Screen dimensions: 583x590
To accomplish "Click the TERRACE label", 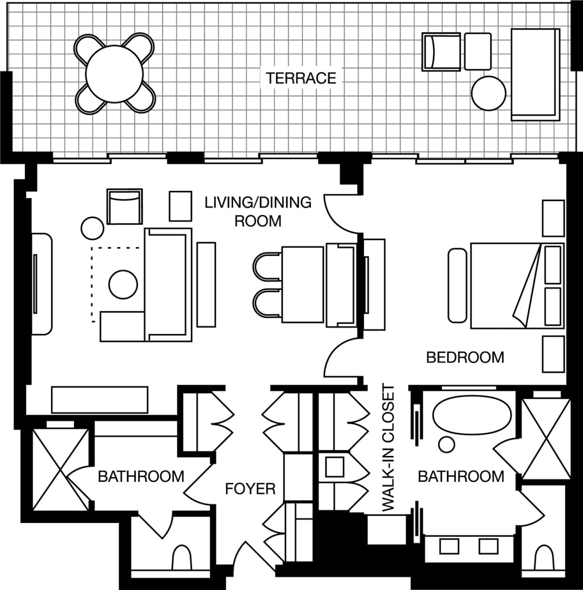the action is [301, 78].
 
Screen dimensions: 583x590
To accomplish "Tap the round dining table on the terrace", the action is [114, 74].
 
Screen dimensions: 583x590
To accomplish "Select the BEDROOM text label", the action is [465, 357].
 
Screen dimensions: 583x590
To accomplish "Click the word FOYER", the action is [250, 489].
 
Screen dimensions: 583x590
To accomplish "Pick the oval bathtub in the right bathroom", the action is [472, 415].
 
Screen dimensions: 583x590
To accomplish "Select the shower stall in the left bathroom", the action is [61, 470].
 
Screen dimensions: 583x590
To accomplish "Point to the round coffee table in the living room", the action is [123, 285].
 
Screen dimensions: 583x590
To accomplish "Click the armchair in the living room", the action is [125, 206].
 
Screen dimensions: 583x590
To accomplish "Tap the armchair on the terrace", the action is [441, 52].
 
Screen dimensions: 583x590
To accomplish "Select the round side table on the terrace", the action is [489, 93].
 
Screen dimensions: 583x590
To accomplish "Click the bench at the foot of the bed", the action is [457, 286].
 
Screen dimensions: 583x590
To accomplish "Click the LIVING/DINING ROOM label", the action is [258, 212].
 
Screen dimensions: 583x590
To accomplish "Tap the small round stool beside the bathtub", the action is [446, 445].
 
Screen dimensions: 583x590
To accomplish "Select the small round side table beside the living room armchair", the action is [92, 228].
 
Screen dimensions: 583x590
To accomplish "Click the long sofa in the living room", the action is [168, 285].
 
